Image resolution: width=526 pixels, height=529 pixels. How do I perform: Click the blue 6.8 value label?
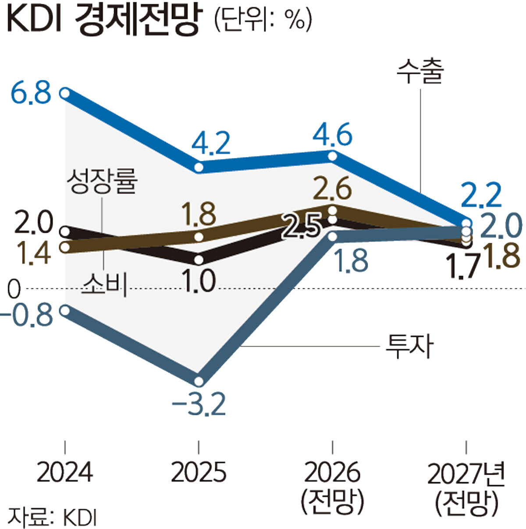click(x=31, y=92)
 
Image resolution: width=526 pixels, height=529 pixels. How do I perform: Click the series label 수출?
click(x=420, y=72)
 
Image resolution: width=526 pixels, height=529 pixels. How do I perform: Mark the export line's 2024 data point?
click(x=65, y=93)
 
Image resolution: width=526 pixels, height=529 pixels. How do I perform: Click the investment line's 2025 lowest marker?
click(x=199, y=381)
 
